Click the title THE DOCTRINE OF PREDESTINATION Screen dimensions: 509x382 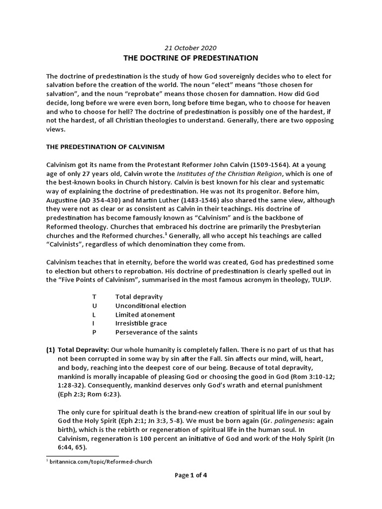(191, 58)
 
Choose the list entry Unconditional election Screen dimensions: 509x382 (150, 306)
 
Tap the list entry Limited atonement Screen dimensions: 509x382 (145, 315)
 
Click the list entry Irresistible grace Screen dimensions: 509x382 (141, 324)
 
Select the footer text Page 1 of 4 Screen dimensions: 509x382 (191, 475)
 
